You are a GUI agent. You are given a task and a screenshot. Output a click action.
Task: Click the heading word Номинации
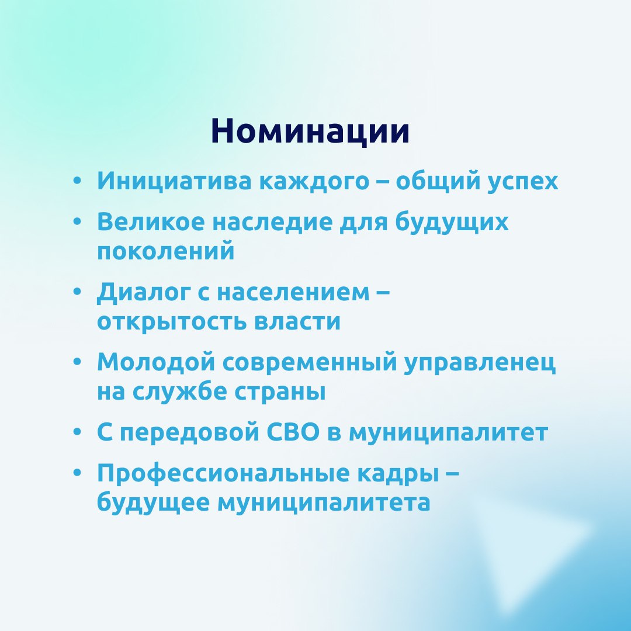[310, 131]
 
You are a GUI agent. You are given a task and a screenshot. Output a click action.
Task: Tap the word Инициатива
[174, 182]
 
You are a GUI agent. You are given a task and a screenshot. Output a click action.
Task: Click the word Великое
[151, 221]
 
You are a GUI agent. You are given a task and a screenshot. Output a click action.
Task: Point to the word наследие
[272, 223]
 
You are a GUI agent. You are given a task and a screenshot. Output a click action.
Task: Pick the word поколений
[166, 251]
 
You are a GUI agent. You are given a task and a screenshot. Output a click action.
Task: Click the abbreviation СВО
[293, 432]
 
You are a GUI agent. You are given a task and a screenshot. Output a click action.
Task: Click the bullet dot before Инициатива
[77, 181]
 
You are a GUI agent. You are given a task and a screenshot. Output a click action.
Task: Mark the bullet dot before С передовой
[77, 432]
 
